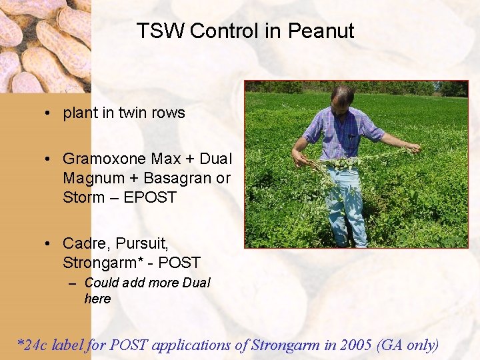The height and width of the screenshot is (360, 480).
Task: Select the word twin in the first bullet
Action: coord(134,113)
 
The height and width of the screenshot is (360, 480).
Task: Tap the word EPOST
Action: coord(150,197)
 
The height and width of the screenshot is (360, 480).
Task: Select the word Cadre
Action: coord(83,243)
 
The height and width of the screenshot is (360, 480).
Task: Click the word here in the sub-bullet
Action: coord(97,299)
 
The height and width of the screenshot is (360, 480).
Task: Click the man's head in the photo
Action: coord(342,99)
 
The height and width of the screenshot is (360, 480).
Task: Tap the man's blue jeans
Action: coord(345,203)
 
